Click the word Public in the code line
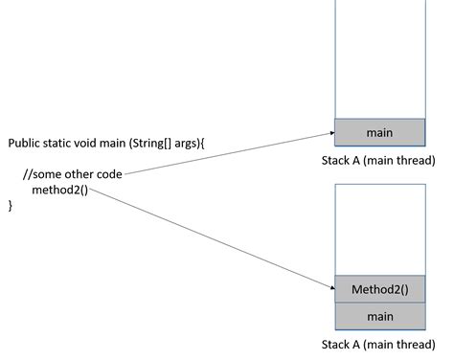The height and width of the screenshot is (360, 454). tap(25, 143)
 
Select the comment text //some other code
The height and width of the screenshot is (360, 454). tap(75, 173)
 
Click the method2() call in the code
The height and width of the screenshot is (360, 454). tap(59, 189)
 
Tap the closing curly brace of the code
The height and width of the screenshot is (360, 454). tap(11, 205)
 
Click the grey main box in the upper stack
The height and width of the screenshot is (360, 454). tap(379, 132)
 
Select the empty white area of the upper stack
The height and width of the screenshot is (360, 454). tap(379, 57)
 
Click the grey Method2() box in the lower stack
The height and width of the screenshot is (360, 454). tap(379, 289)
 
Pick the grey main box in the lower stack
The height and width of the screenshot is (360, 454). tap(379, 316)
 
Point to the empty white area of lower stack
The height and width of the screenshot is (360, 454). tap(379, 230)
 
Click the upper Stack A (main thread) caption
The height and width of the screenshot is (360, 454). tap(378, 160)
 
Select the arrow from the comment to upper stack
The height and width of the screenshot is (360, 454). tap(230, 153)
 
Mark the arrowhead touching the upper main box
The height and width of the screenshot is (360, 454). tap(329, 133)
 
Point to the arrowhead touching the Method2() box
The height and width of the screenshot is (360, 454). tap(329, 286)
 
